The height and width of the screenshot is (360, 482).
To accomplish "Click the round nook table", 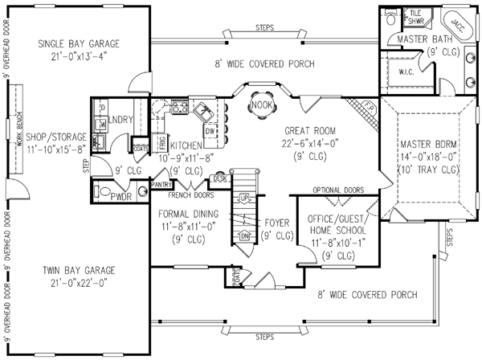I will click(259, 114).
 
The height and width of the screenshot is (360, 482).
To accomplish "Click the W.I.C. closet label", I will click(405, 70).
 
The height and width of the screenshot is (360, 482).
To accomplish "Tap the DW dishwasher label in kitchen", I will click(209, 130).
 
